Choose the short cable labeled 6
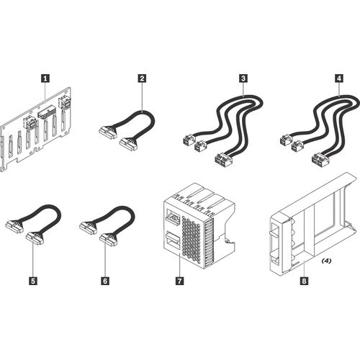point(107,222)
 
